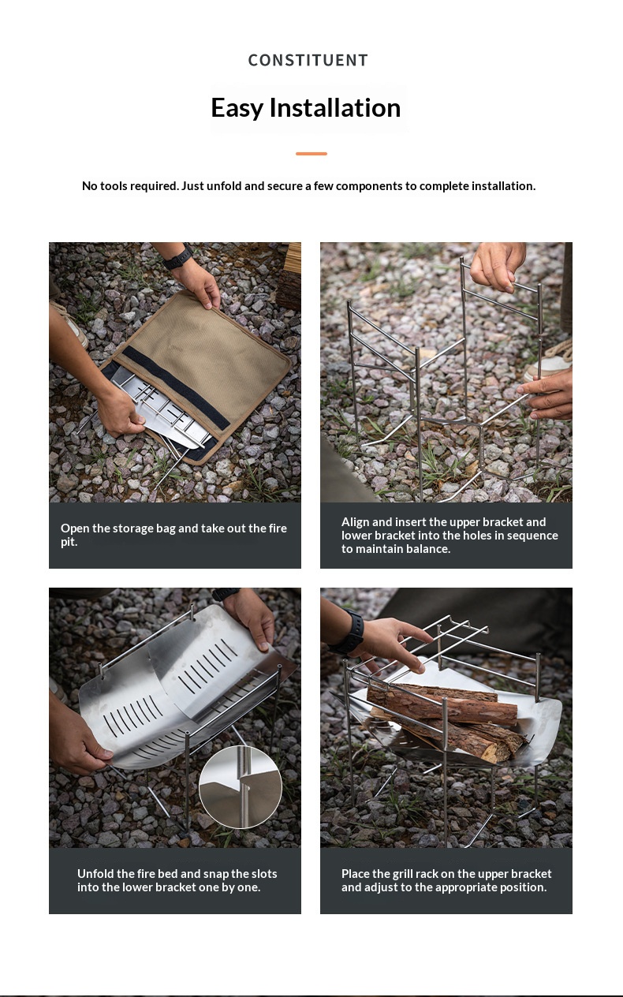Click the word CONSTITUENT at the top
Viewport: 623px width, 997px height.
click(308, 61)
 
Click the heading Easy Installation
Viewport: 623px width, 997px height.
click(306, 108)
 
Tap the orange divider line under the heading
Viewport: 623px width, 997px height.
click(311, 154)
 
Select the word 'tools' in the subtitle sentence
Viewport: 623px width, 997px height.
click(113, 186)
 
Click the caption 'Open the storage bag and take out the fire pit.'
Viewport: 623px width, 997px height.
click(173, 535)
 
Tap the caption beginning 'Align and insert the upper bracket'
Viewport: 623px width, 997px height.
click(450, 535)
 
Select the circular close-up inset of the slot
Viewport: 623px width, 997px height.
click(241, 787)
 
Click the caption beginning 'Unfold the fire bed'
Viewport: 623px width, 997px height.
click(177, 880)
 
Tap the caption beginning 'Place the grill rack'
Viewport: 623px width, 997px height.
click(446, 880)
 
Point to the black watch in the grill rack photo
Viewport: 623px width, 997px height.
click(352, 632)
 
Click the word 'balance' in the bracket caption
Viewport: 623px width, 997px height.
click(427, 549)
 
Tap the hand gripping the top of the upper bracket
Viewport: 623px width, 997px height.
click(498, 265)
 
